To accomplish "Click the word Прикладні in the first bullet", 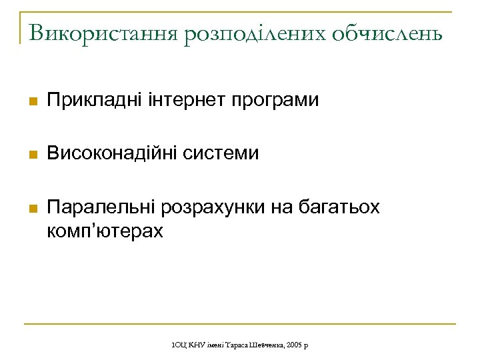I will [x=94, y=101].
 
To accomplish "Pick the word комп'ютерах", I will [x=105, y=231].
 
